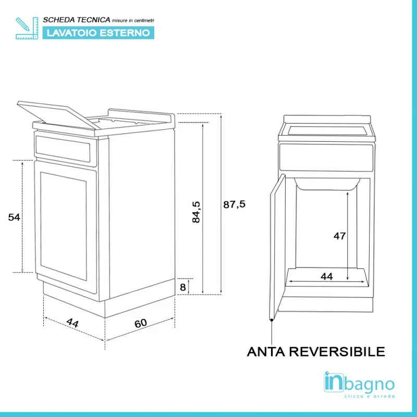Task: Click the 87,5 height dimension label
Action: tap(234, 204)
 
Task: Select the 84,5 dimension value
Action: tap(197, 212)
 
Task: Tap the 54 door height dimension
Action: tap(14, 217)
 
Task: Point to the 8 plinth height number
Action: tap(183, 287)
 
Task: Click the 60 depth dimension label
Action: tap(141, 323)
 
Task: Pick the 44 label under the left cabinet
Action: tap(72, 323)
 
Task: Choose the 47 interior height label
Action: tap(340, 236)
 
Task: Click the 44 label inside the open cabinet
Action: tap(327, 277)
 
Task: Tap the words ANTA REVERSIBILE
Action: tap(316, 351)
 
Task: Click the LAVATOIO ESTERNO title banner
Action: tap(99, 33)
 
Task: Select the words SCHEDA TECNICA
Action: tap(77, 20)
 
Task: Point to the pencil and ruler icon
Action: tap(27, 28)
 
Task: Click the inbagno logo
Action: tap(359, 385)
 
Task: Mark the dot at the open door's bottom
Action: tap(272, 320)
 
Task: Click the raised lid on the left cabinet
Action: tap(58, 114)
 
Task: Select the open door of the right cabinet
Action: tap(278, 246)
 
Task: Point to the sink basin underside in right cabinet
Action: tap(327, 184)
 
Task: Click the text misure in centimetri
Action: tap(133, 20)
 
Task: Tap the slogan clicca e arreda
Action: tap(370, 396)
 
